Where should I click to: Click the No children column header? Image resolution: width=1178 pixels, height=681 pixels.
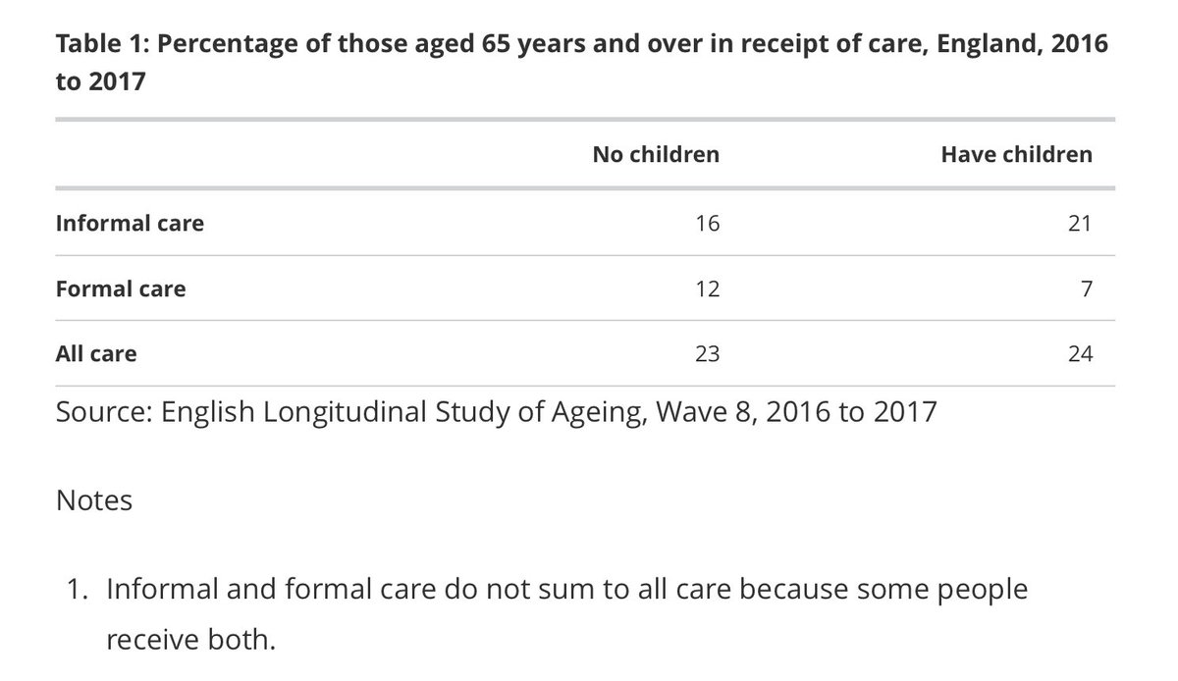[x=655, y=154]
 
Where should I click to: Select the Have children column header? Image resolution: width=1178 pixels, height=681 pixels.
[x=1016, y=154]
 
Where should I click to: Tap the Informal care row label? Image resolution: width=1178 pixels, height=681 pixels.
[x=130, y=223]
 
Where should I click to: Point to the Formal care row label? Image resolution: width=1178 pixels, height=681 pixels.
[x=120, y=288]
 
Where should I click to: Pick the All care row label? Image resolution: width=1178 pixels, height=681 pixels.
[x=96, y=353]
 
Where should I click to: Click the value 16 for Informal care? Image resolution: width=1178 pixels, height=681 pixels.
[x=706, y=223]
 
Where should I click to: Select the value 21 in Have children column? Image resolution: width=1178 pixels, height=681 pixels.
[x=1080, y=223]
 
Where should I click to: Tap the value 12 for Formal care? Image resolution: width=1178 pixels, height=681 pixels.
[x=706, y=288]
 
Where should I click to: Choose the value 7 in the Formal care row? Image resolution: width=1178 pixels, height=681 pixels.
[x=1086, y=288]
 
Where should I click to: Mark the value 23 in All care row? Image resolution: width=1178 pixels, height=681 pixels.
[x=706, y=353]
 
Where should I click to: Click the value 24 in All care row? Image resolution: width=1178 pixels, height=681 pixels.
[x=1080, y=353]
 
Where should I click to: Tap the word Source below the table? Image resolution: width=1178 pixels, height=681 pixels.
[x=96, y=411]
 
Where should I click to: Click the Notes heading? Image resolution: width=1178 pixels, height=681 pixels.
[x=94, y=500]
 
